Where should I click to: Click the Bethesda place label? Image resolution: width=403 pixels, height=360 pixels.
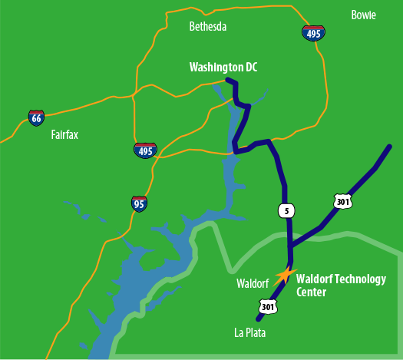(208, 27)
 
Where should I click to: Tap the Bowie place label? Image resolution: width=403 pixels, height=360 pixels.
(363, 15)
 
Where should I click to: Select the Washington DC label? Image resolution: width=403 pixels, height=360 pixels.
(223, 68)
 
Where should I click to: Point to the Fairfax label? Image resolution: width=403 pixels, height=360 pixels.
(64, 134)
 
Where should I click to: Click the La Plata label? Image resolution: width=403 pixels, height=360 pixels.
(250, 332)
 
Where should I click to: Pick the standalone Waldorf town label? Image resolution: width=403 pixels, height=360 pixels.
(253, 283)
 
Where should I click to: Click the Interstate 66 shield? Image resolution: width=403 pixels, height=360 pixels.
(36, 117)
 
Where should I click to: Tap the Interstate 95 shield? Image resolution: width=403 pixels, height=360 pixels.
(139, 203)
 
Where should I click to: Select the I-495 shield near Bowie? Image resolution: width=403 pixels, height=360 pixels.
(313, 32)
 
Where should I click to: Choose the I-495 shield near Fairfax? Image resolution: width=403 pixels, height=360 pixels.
(145, 150)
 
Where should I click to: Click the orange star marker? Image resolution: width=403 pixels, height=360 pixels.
(284, 274)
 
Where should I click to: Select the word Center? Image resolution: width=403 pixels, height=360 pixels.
(312, 292)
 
